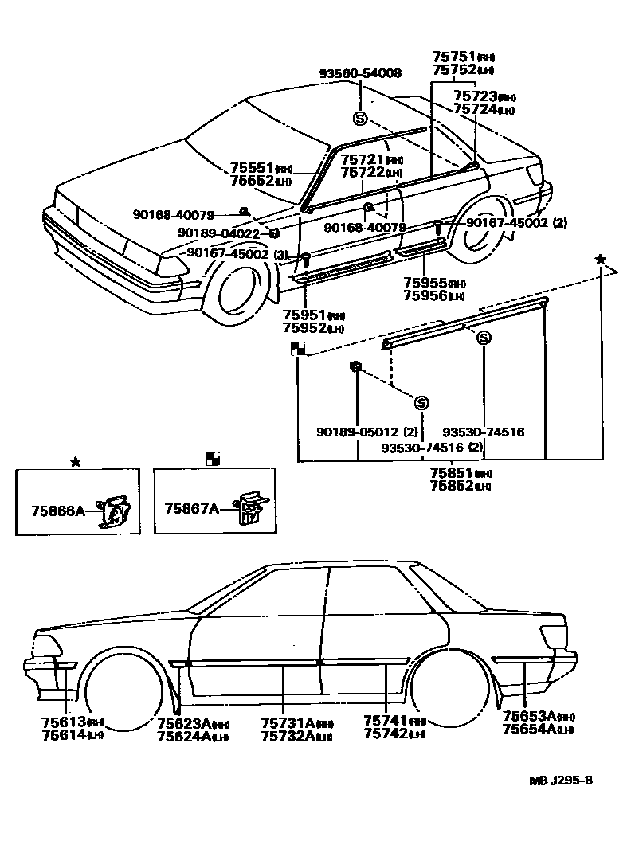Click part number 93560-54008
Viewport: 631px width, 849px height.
(x=360, y=73)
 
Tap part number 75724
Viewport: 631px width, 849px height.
(x=475, y=109)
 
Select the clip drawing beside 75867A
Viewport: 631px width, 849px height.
(x=250, y=507)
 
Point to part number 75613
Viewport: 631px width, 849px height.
(x=64, y=722)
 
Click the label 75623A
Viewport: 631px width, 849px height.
(x=183, y=722)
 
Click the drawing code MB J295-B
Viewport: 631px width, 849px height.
(x=561, y=780)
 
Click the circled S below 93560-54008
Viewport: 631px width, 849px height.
(x=360, y=119)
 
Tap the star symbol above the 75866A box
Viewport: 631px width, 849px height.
(x=75, y=461)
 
